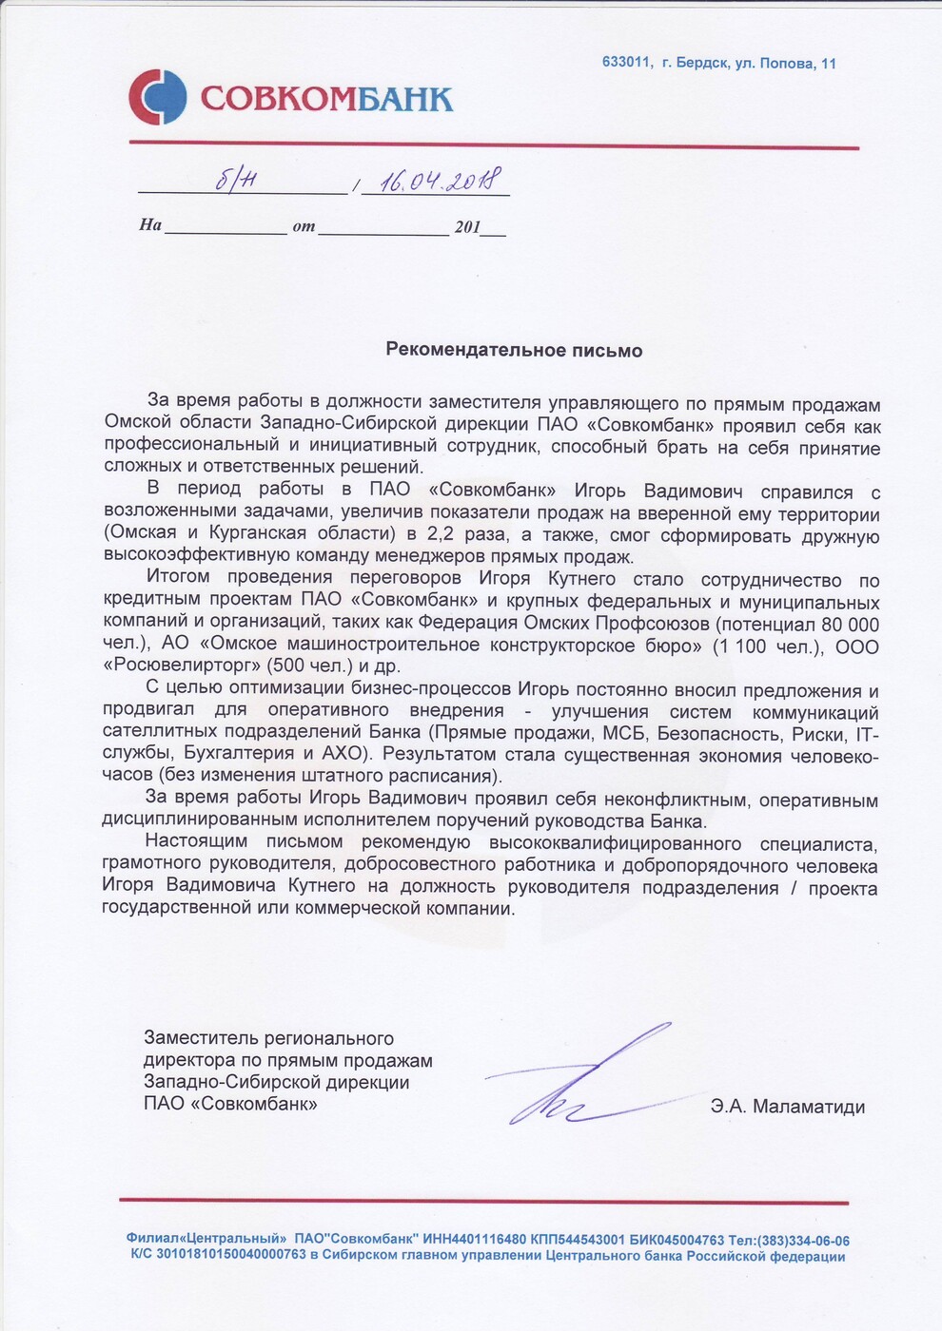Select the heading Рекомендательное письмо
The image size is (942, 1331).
tap(514, 351)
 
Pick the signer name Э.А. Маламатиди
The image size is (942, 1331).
tap(787, 1107)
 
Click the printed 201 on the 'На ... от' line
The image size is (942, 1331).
tap(468, 227)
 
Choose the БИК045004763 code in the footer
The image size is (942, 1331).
tap(677, 1241)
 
